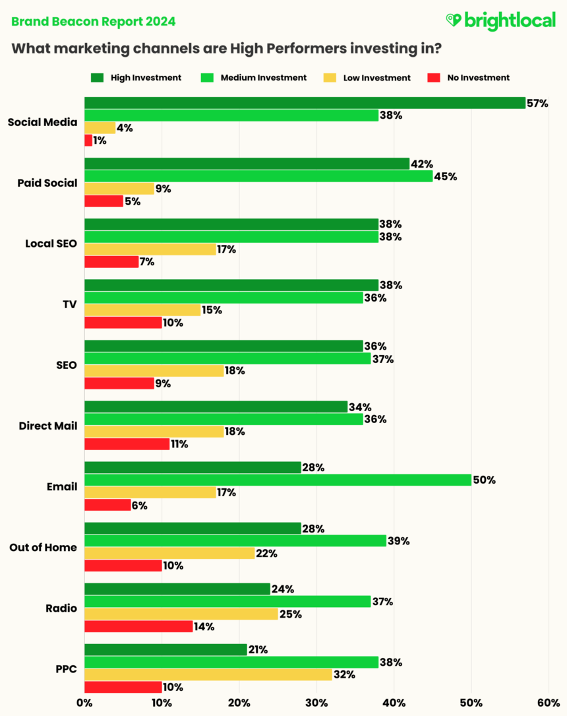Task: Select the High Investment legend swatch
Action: [98, 78]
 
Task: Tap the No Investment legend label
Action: [478, 78]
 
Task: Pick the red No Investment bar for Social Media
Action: [88, 141]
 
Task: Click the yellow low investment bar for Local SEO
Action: [150, 249]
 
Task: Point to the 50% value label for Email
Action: [485, 480]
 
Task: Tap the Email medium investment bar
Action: [278, 480]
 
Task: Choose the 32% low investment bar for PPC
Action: [208, 674]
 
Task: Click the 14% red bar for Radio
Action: [138, 626]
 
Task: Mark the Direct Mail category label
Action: [48, 426]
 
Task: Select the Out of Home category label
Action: [43, 548]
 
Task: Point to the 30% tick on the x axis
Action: [316, 703]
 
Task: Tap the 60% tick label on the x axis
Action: [549, 703]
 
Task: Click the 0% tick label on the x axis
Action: [84, 703]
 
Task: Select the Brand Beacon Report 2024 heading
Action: [94, 22]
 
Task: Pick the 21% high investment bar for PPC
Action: [165, 649]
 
